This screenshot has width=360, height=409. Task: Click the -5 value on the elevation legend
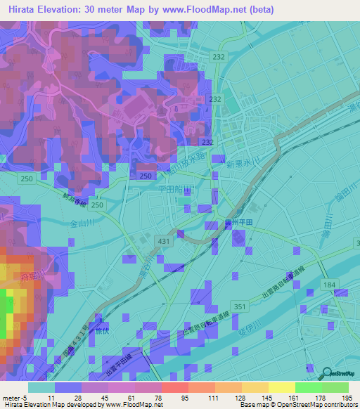tap(27, 398)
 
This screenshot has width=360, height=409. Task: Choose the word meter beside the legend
tap(12, 398)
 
